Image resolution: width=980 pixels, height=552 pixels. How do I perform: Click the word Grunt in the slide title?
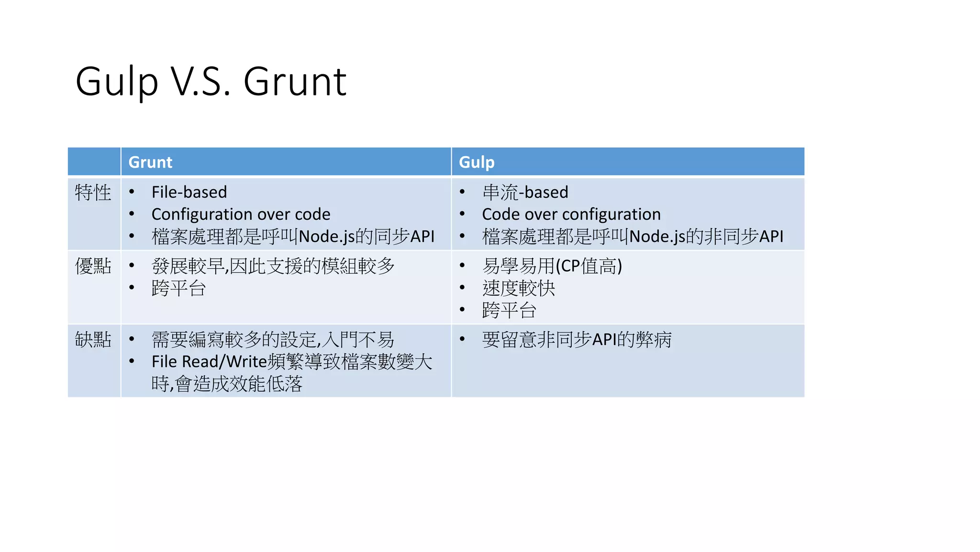tap(295, 81)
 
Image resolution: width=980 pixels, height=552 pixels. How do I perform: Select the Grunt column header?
tap(150, 162)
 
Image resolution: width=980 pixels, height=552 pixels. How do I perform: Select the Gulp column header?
tap(477, 162)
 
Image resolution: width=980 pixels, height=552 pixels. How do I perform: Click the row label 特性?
tap(93, 193)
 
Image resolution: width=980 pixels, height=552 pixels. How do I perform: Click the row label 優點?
tap(93, 266)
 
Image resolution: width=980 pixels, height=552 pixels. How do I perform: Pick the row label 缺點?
tap(93, 340)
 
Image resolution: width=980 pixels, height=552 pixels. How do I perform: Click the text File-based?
tap(189, 192)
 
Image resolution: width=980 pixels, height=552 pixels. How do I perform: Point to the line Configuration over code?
tap(241, 214)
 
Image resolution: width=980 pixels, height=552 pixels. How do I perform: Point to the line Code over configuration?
tap(571, 214)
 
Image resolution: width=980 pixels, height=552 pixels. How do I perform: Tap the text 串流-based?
tap(525, 192)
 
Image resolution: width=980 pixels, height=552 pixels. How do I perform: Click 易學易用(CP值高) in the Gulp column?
tap(552, 266)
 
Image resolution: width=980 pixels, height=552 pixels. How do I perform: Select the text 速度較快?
tap(518, 288)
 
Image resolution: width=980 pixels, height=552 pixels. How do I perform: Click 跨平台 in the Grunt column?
tap(178, 288)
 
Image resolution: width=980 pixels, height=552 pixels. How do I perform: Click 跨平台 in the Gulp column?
tap(509, 310)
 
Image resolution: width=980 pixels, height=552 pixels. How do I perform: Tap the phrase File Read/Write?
tap(209, 362)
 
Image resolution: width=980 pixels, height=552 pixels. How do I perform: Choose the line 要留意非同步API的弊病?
tap(577, 340)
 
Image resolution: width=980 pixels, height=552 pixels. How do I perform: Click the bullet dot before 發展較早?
tap(132, 265)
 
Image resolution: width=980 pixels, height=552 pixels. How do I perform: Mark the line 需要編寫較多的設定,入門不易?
tap(273, 340)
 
